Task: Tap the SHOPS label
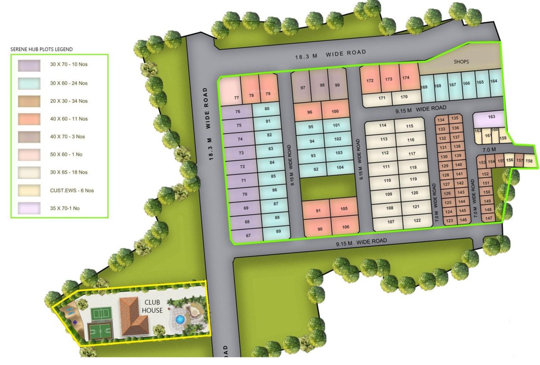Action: point(461,62)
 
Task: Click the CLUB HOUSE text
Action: point(154,306)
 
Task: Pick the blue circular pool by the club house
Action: point(179,319)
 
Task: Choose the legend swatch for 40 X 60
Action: point(29,119)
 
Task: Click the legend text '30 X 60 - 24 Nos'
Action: point(69,83)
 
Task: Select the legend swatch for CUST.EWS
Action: point(29,190)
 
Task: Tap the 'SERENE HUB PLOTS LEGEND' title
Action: point(41,49)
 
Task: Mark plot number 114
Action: point(383,125)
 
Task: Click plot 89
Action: point(279,231)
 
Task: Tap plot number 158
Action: point(529,161)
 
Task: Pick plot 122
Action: point(416,221)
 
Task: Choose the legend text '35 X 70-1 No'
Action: point(65,208)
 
